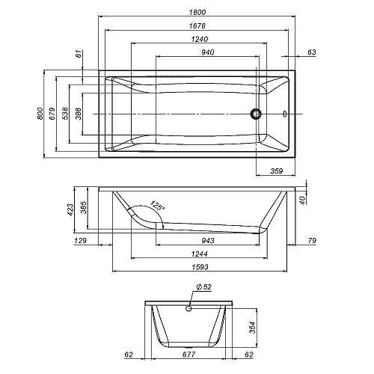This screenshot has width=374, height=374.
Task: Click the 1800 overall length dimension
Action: pos(197,12)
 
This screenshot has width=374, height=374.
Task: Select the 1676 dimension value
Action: pos(197,25)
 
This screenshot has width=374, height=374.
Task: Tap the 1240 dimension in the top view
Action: pos(200,39)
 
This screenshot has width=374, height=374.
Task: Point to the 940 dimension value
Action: pos(208,52)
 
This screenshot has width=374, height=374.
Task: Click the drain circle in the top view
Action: pos(256,114)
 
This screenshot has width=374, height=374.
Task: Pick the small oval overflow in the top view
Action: pos(285,114)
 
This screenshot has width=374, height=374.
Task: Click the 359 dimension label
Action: pos(277,171)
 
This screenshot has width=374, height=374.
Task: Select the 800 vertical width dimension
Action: pos(40,114)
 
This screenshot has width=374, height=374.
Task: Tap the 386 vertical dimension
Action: pos(79,114)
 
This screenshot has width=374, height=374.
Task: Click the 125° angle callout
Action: pos(157,206)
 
